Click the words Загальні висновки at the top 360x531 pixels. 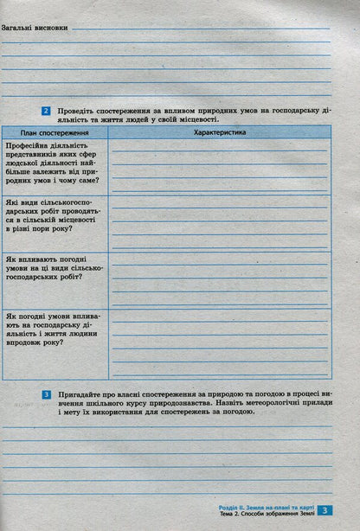tap(35, 28)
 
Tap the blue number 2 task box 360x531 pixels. tap(46, 112)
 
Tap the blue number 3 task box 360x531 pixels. tap(46, 394)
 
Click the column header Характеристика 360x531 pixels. tap(220, 132)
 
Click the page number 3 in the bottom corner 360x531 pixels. tap(325, 511)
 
